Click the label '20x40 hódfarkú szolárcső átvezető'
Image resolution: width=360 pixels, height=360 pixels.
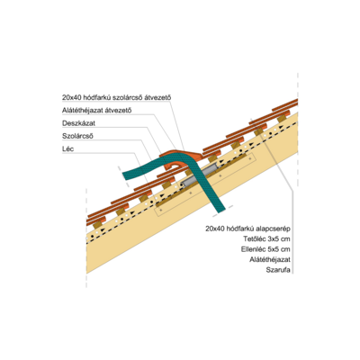(x=116, y=97)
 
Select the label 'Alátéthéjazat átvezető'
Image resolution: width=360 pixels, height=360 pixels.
(x=97, y=110)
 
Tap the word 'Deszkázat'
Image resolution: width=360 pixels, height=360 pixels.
(x=78, y=123)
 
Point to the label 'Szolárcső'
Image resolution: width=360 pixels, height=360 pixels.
(x=77, y=136)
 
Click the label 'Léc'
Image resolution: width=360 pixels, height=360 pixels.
(x=67, y=148)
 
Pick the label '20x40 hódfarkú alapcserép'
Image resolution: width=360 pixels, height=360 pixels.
(x=247, y=229)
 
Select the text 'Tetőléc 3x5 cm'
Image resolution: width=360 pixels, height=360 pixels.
(x=266, y=239)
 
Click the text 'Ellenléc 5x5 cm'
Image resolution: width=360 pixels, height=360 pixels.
(x=265, y=249)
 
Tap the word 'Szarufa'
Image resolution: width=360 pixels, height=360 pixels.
(x=278, y=270)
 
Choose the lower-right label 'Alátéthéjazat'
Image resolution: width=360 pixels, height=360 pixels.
(x=270, y=259)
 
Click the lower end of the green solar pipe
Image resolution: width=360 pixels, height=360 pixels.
(x=220, y=210)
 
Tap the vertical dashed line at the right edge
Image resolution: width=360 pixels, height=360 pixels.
(x=298, y=129)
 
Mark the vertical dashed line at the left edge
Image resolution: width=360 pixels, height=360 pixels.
(x=86, y=238)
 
